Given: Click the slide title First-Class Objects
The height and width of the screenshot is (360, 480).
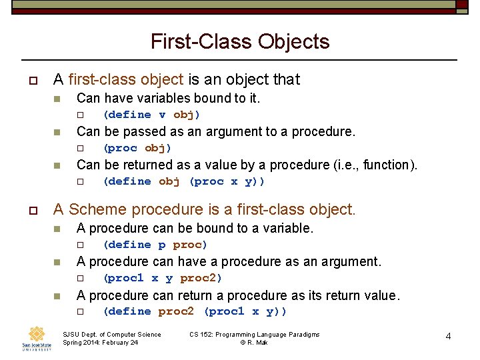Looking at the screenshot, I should tap(240, 42).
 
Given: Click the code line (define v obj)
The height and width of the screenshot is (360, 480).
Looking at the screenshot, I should tap(151, 115).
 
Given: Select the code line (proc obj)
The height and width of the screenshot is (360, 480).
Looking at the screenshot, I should tap(137, 148).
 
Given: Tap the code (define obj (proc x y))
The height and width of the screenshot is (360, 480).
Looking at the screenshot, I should tap(184, 181).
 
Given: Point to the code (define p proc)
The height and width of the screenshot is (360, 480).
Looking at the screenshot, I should tap(151, 245).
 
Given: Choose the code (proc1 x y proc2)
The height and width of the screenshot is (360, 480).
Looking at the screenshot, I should tap(162, 278).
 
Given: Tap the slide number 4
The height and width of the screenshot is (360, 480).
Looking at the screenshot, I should tap(448, 337).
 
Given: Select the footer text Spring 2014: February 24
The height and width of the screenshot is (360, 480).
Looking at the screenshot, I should tap(100, 343).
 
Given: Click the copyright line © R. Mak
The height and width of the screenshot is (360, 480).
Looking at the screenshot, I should tap(254, 343).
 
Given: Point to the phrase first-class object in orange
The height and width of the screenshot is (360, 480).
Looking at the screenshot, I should tap(125, 80).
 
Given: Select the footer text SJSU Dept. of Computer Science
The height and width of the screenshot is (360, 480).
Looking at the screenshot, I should tap(111, 334).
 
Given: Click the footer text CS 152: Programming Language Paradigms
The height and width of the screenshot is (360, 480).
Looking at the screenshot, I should tap(254, 334).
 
